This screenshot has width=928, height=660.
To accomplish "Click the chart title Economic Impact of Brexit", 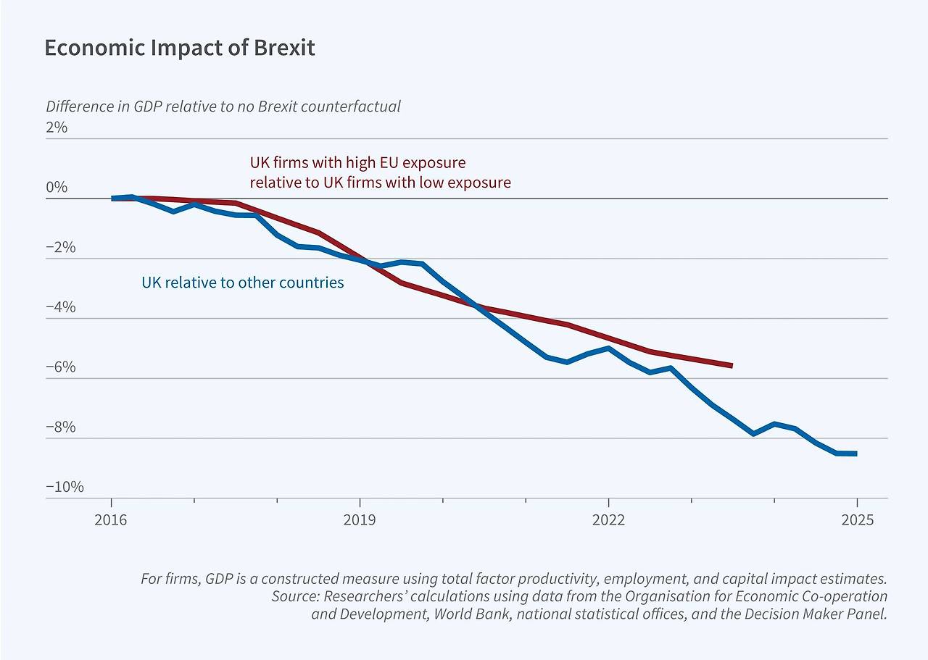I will [x=179, y=48].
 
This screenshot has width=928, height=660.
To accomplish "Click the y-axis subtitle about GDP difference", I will [x=223, y=106].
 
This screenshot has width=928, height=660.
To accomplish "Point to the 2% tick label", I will [x=57, y=128].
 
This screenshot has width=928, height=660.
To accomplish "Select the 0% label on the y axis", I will [x=57, y=188].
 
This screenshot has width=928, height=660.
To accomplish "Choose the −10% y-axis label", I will [x=64, y=487].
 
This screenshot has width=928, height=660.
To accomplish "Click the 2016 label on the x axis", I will [x=111, y=520].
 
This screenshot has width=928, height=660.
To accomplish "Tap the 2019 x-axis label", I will [x=360, y=520].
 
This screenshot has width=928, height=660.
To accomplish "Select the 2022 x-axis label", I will [x=608, y=520].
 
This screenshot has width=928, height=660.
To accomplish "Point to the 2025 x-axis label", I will [x=857, y=520].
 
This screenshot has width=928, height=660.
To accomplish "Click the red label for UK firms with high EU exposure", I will [x=380, y=172].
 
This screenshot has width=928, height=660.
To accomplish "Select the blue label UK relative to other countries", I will [x=242, y=283].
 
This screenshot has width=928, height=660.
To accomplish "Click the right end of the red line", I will [x=732, y=366].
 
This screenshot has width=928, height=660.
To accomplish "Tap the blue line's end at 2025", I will [x=856, y=454].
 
